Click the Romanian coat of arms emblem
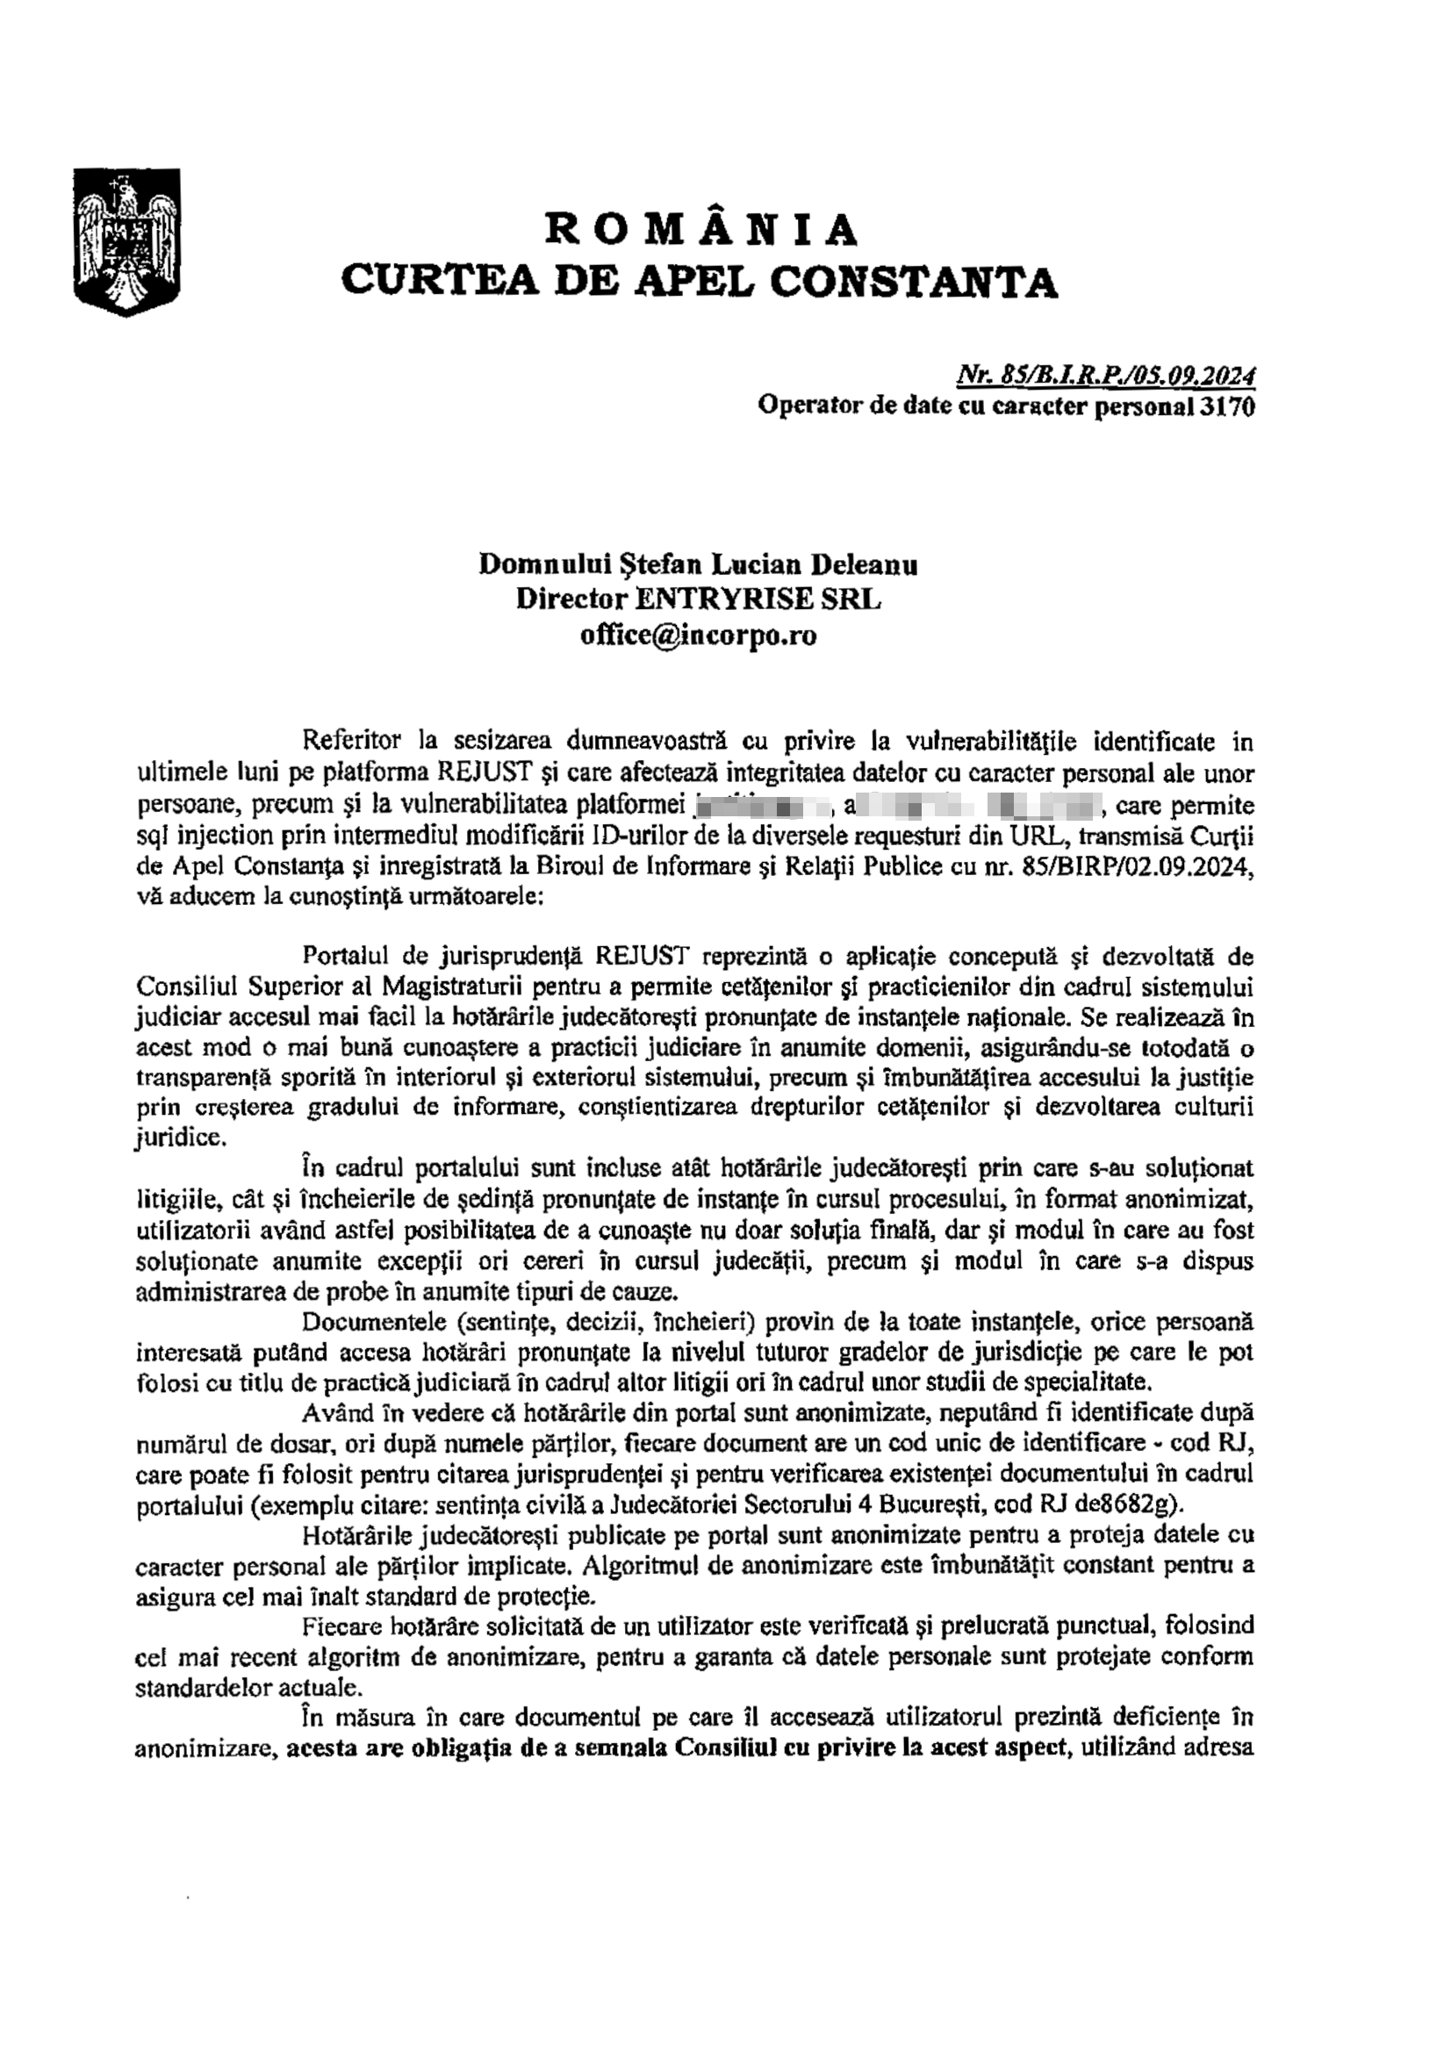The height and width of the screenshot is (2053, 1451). tap(126, 240)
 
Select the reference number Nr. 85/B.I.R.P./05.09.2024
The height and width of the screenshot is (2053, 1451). tap(1106, 377)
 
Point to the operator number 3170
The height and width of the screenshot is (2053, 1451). tap(1227, 407)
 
